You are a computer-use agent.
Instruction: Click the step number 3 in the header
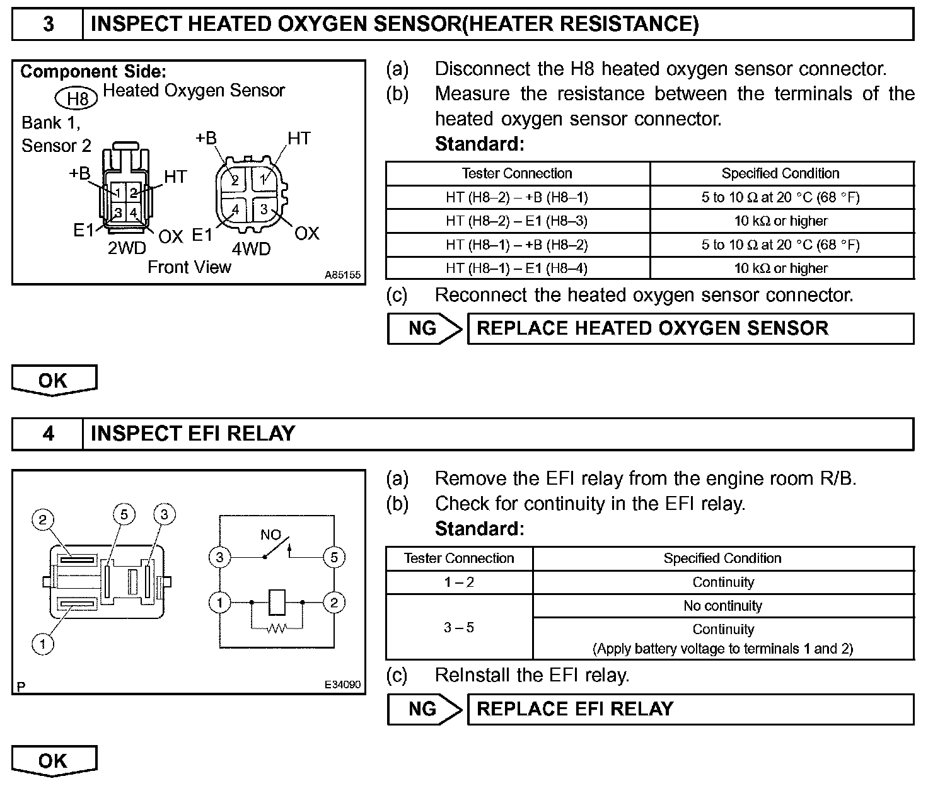[49, 24]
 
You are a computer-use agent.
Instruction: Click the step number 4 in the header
[49, 434]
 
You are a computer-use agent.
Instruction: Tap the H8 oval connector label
[77, 98]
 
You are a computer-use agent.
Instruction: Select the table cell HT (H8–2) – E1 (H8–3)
[517, 221]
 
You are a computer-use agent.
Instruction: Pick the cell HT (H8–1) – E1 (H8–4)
[517, 269]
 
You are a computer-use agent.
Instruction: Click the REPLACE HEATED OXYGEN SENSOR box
[690, 328]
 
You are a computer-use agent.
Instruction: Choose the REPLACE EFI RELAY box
[690, 709]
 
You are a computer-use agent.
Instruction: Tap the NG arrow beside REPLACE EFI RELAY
[424, 709]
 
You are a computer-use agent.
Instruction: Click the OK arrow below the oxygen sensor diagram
[54, 381]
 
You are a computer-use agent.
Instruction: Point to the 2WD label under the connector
[126, 248]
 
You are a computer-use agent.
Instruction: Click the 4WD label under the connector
[251, 249]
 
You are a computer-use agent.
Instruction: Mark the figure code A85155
[342, 275]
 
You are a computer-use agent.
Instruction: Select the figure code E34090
[342, 685]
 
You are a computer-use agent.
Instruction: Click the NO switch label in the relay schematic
[270, 535]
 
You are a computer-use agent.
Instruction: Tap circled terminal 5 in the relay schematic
[333, 557]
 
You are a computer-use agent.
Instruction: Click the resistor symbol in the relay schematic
[276, 628]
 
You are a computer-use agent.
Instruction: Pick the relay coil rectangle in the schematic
[277, 603]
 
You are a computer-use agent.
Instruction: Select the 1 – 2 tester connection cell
[459, 582]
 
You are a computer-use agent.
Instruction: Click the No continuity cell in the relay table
[722, 606]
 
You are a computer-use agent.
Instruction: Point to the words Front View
[189, 267]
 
